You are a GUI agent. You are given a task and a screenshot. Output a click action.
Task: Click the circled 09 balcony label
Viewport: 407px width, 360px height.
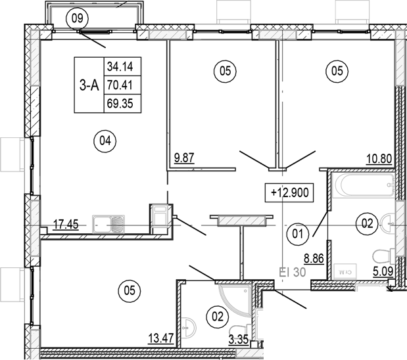coord(78,18)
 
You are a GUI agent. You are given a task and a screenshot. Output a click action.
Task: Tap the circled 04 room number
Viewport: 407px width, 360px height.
coord(104,139)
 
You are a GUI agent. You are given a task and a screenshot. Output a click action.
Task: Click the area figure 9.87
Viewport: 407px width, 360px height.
coord(184,158)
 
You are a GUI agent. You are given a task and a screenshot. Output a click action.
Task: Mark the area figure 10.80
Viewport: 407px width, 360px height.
coord(379,158)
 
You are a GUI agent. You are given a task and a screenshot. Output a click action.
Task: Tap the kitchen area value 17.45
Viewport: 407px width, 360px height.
coord(65,224)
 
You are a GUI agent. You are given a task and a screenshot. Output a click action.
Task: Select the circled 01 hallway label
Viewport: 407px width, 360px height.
coord(297,231)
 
